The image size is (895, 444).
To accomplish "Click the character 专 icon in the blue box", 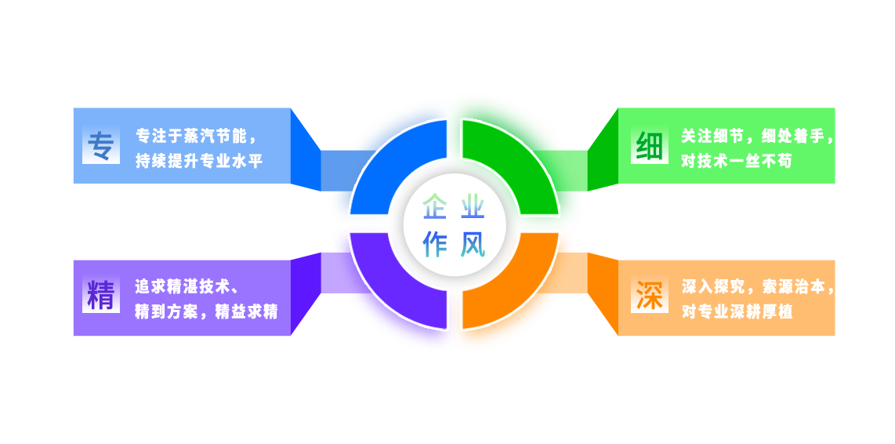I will pyautogui.click(x=101, y=146).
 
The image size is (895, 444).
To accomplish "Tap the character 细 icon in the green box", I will pyautogui.click(x=650, y=146).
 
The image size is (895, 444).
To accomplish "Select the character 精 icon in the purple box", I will pyautogui.click(x=101, y=297).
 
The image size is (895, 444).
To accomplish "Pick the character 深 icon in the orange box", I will pyautogui.click(x=650, y=297).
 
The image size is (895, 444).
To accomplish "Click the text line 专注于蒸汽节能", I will pyautogui.click(x=196, y=135).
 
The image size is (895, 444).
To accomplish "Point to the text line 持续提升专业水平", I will pyautogui.click(x=198, y=160).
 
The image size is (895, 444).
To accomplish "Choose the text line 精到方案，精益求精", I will pyautogui.click(x=206, y=311).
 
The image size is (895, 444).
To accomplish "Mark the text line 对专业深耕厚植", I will pyautogui.click(x=736, y=311).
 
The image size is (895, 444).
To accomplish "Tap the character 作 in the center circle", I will pyautogui.click(x=434, y=244).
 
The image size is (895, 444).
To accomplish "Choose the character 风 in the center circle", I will pyautogui.click(x=473, y=244).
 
